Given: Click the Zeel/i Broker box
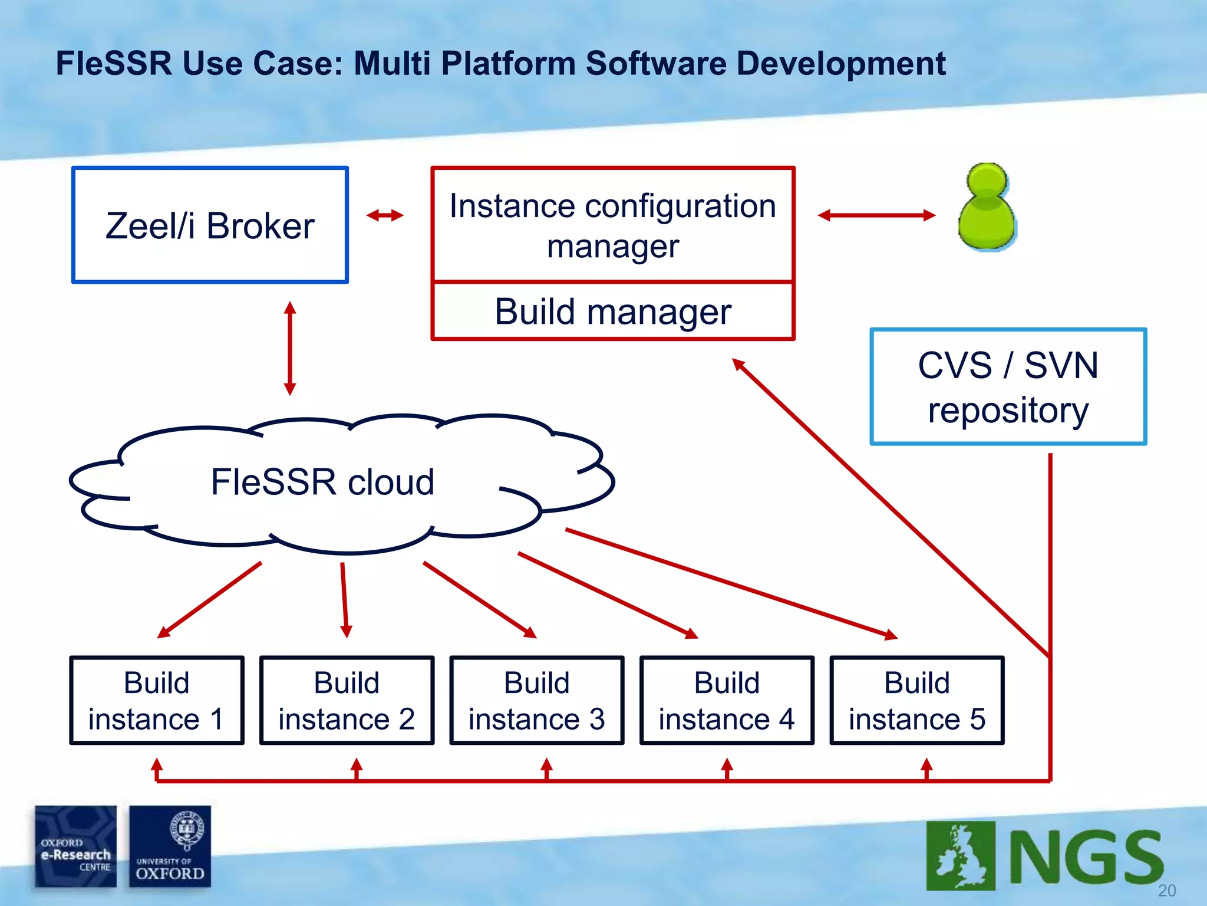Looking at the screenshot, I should [x=210, y=225].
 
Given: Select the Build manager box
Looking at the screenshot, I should [x=613, y=311].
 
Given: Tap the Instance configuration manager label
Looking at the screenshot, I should [x=613, y=225].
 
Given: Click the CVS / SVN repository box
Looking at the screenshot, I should [x=1008, y=387].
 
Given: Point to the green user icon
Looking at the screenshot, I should [x=987, y=208].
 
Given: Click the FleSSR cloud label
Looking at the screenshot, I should [x=322, y=482].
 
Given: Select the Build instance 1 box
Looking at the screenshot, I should [x=157, y=700].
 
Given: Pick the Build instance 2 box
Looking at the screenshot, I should [x=347, y=700].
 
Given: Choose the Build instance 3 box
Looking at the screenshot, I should [x=537, y=700].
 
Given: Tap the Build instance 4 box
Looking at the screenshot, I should [x=727, y=700].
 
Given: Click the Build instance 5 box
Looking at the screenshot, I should [x=917, y=700].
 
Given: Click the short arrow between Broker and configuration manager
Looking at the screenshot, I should [x=385, y=215].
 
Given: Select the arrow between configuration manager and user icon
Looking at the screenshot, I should [x=876, y=215].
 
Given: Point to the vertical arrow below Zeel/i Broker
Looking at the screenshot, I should [x=289, y=348].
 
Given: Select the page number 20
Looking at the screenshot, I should [x=1166, y=891].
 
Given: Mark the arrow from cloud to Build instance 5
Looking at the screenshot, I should [x=731, y=583].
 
